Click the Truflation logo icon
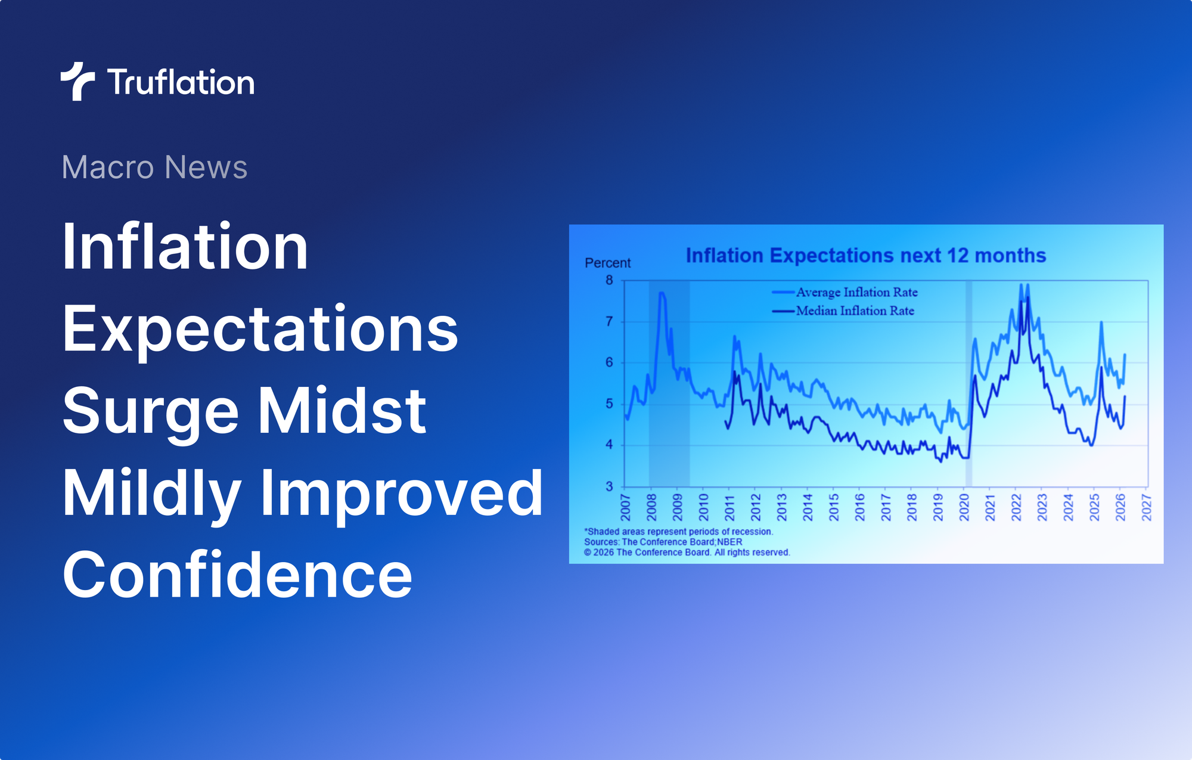click(77, 81)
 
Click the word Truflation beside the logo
click(181, 82)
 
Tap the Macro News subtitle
click(154, 167)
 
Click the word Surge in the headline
click(151, 411)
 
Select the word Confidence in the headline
click(237, 575)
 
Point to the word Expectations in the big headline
click(260, 329)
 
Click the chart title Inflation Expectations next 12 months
click(865, 256)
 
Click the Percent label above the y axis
click(607, 263)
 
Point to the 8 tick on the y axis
click(609, 280)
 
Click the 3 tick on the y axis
click(609, 486)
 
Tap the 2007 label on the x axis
click(625, 507)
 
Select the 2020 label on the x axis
click(964, 507)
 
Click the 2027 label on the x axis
click(1146, 507)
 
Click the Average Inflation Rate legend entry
click(856, 292)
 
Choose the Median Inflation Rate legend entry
click(855, 311)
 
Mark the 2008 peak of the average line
click(662, 293)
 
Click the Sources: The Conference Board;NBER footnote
click(663, 542)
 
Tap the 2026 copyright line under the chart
click(687, 553)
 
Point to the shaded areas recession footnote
click(678, 532)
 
